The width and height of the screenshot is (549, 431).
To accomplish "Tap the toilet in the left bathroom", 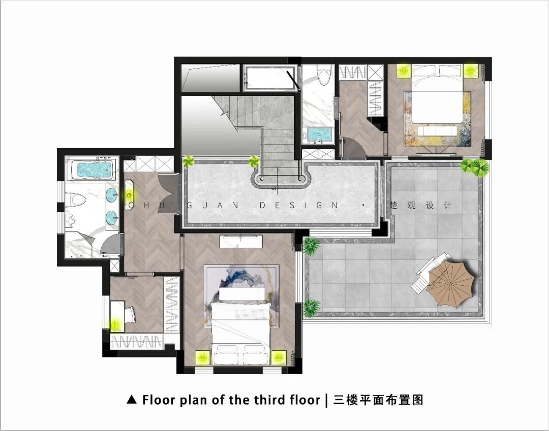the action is (76, 200).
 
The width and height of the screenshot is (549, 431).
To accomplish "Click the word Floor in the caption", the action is (158, 400).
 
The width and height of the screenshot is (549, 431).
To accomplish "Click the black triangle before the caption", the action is (132, 400).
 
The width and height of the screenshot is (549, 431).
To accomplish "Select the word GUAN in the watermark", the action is (212, 205).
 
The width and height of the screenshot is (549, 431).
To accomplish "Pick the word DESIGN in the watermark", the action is (299, 205).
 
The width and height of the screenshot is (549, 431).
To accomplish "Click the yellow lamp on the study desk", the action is (115, 325).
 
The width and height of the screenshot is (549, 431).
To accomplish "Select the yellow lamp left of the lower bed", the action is (202, 357).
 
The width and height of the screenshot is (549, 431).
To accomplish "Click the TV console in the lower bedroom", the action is (241, 241).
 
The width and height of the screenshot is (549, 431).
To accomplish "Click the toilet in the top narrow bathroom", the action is (323, 74).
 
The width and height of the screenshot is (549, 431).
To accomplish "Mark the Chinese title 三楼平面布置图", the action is (378, 400).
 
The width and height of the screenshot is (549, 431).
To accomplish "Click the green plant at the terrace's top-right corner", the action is (475, 166).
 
